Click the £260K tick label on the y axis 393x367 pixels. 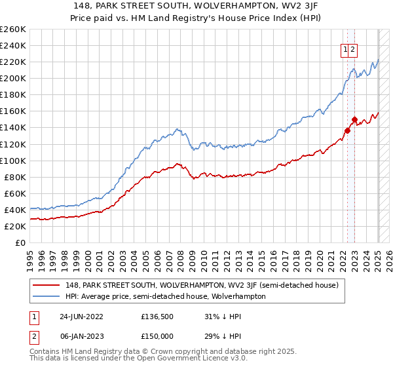(x=13, y=29)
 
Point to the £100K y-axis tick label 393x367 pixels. (x=13, y=161)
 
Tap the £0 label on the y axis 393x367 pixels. (x=20, y=242)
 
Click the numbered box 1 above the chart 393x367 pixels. (x=345, y=49)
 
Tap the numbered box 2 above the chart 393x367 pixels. (x=353, y=49)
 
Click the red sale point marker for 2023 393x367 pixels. (x=354, y=120)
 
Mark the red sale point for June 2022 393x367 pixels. (x=348, y=130)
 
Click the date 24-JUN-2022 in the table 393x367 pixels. (x=83, y=316)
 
